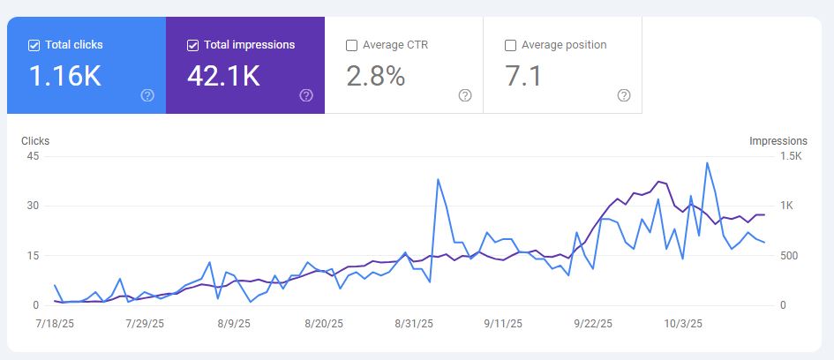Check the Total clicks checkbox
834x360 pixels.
tap(34, 45)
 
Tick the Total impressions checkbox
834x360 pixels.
tap(193, 45)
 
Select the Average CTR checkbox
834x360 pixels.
tap(352, 45)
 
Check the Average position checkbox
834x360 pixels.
tap(510, 45)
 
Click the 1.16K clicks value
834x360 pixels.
tap(65, 77)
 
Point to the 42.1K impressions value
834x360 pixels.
tap(223, 77)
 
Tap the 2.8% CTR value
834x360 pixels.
tap(376, 77)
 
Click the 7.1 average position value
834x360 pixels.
tap(523, 77)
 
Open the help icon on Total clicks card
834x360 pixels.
tap(147, 95)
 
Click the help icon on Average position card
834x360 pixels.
tap(624, 95)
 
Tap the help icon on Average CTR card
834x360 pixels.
tap(465, 95)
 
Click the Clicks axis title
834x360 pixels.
tap(35, 141)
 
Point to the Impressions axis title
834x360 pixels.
tap(778, 141)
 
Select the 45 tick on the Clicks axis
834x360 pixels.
tap(34, 156)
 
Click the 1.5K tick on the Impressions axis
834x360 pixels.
tap(789, 156)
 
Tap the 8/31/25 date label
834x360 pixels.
tap(415, 324)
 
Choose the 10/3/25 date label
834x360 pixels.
tap(683, 324)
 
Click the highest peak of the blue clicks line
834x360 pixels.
tap(707, 162)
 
